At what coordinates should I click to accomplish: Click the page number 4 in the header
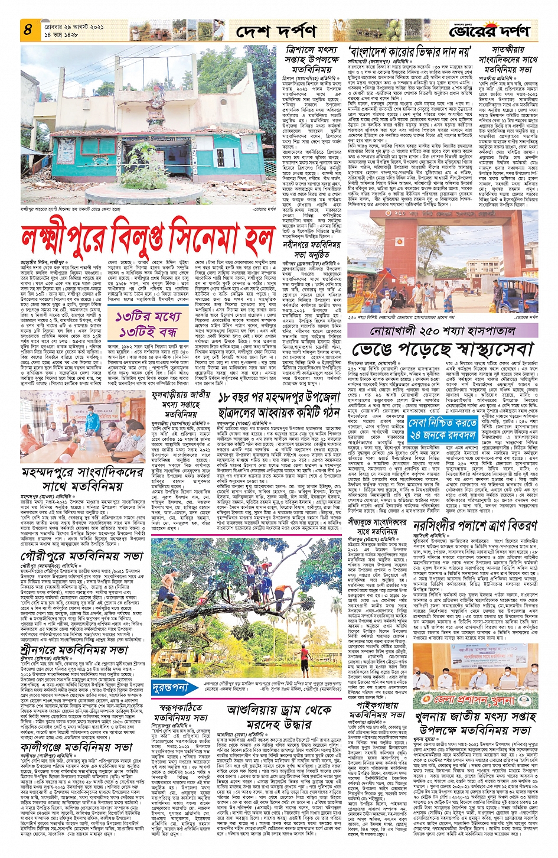(x=28, y=28)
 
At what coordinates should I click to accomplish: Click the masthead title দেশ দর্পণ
(x=275, y=30)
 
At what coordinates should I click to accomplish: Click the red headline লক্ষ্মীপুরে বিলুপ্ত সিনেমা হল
(x=148, y=238)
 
